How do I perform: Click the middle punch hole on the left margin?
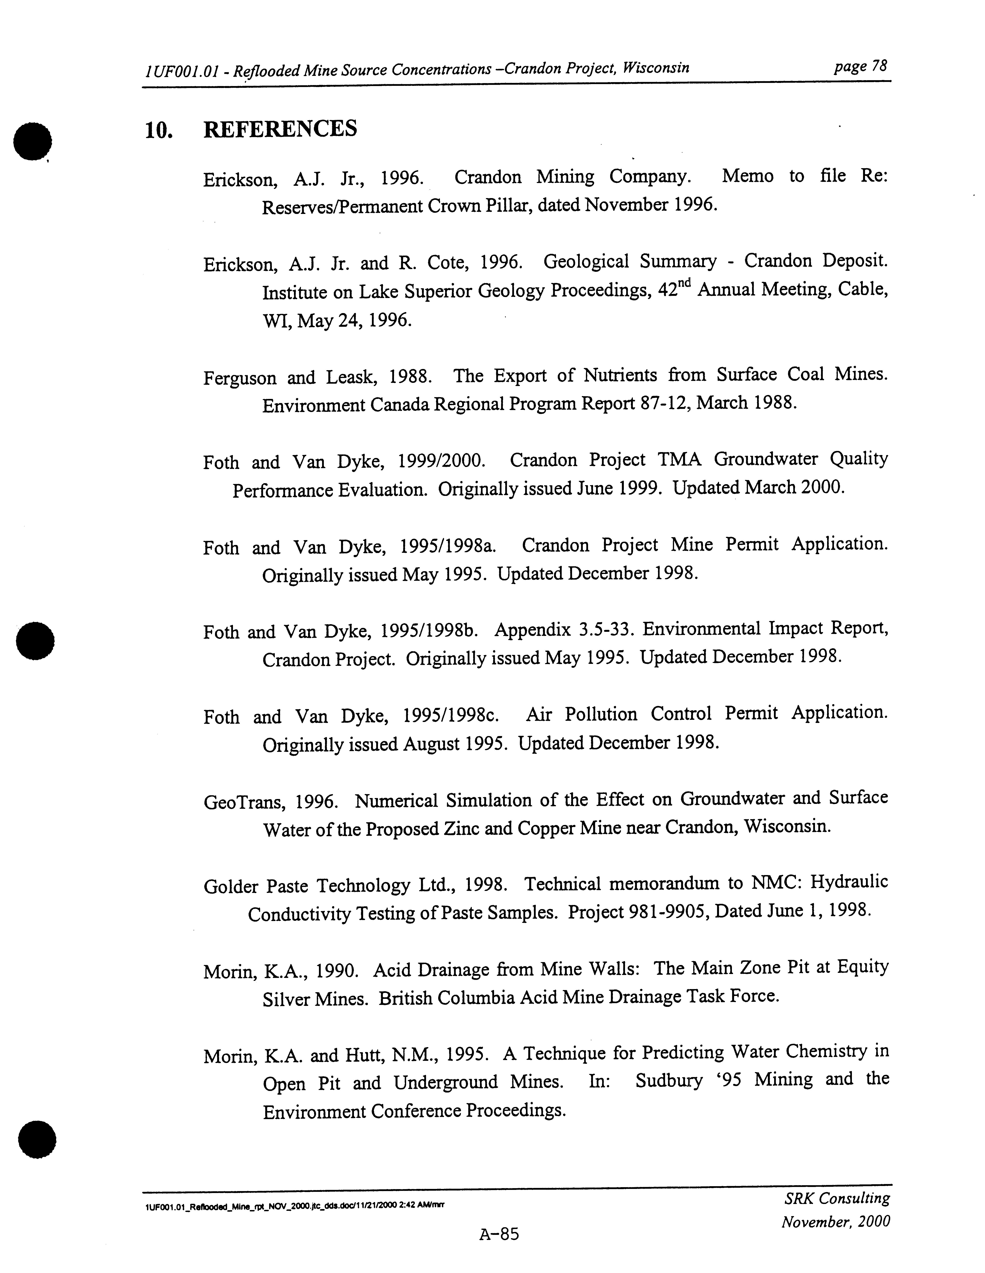35,641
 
